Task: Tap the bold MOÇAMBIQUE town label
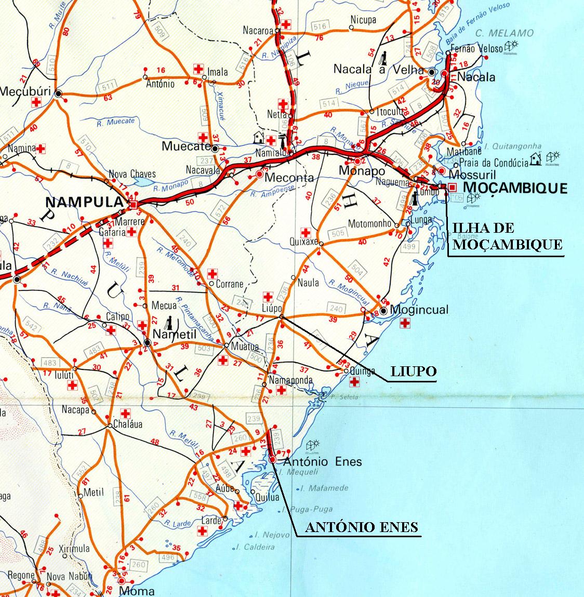515,188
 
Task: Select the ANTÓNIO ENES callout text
361,527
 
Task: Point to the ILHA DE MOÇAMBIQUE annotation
507,236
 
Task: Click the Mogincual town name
421,310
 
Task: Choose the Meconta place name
289,178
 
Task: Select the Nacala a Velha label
380,69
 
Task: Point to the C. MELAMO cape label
504,33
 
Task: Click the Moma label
137,591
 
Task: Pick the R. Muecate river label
115,122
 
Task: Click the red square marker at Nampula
134,206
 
